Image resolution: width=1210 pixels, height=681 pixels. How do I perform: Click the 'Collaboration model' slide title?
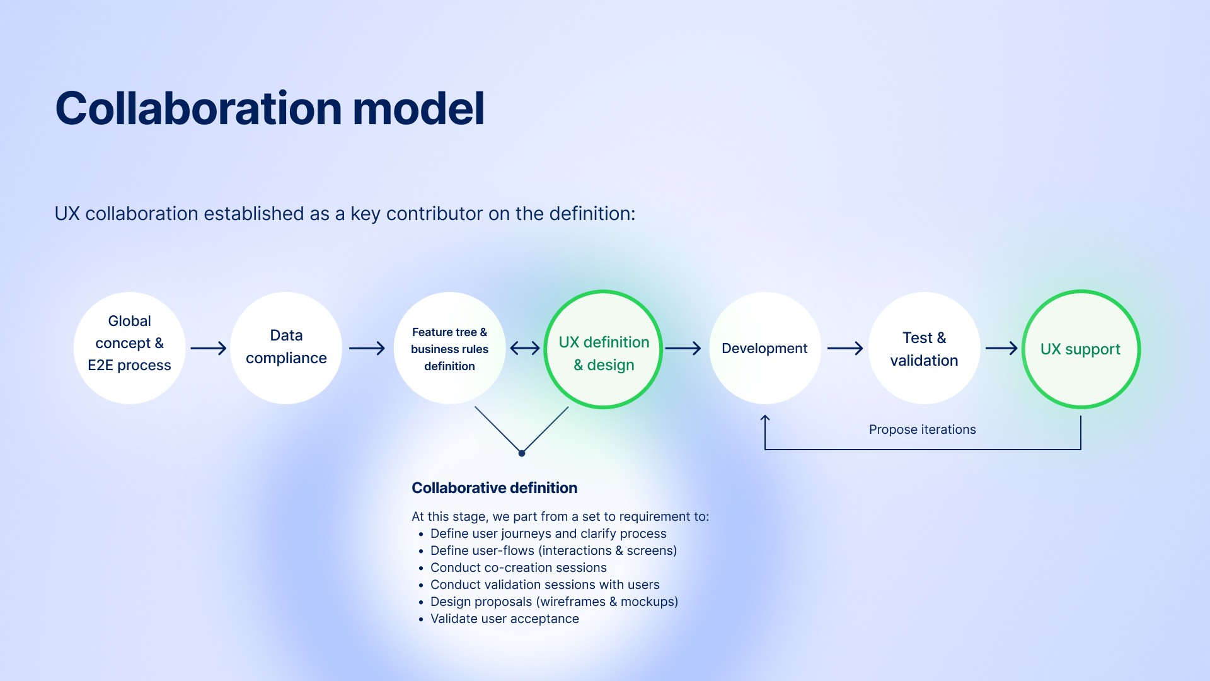point(270,108)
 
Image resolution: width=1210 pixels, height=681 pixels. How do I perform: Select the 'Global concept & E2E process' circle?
point(129,348)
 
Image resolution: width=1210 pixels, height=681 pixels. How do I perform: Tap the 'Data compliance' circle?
point(286,348)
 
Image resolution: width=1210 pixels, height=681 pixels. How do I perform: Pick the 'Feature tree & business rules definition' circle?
point(449,348)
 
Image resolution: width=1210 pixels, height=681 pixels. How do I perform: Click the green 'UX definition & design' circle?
point(603,349)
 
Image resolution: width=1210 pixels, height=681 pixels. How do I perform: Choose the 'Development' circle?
point(764,348)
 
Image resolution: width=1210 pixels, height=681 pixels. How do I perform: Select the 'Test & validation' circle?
point(924,348)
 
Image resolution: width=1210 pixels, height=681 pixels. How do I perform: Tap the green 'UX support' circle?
point(1081,349)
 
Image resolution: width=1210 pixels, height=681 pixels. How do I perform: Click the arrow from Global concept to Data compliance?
point(208,348)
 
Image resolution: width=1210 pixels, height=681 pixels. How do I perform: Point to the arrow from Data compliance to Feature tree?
point(367,348)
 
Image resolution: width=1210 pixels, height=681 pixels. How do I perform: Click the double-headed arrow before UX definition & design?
point(525,348)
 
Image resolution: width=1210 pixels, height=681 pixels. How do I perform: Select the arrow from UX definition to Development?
point(683,348)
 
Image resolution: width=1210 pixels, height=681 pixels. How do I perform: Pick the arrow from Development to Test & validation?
point(845,348)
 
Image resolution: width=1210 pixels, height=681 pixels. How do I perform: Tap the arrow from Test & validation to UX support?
point(1001,348)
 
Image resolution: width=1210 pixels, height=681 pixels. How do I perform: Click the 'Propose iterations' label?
point(922,429)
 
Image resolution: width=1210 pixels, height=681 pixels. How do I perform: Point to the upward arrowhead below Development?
point(765,419)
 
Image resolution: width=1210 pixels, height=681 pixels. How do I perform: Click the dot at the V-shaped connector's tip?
point(522,453)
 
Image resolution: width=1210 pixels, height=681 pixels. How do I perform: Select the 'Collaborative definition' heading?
point(494,488)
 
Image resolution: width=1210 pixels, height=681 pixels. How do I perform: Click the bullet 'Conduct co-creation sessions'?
point(518,567)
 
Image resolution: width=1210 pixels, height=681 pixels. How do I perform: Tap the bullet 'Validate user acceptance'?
point(504,619)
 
